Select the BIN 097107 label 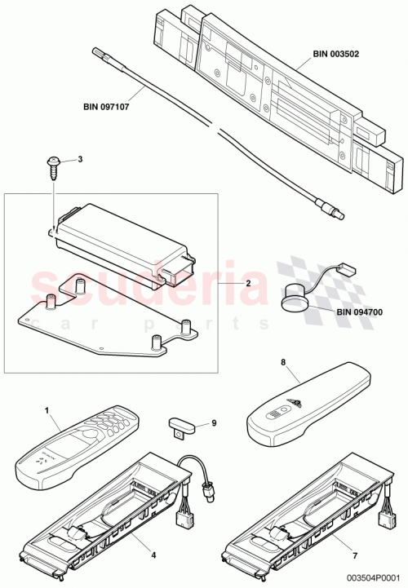[x=110, y=105]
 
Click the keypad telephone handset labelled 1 [x=77, y=449]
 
